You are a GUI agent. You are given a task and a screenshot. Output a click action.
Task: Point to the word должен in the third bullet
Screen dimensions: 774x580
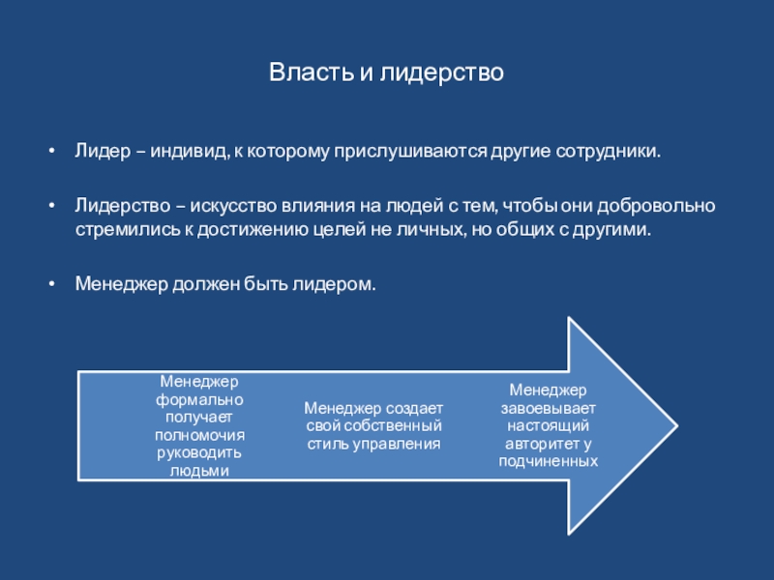point(198,286)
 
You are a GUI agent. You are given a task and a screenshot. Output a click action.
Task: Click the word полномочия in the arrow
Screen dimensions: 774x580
point(199,435)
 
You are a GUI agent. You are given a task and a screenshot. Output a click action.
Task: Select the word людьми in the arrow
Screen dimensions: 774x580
point(199,471)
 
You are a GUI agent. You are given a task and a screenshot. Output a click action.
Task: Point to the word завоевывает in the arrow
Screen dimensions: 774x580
point(549,408)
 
